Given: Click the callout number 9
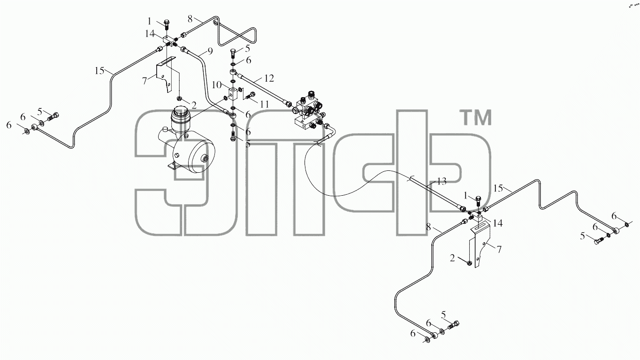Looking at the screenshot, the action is [x=210, y=52].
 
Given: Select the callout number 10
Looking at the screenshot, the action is [x=217, y=85].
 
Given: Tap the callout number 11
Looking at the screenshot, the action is [x=264, y=104].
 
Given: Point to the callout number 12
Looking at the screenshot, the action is [x=269, y=78].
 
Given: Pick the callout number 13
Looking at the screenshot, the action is [x=442, y=182].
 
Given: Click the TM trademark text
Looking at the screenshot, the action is [x=475, y=117].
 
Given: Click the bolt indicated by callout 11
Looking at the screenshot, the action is [x=250, y=96].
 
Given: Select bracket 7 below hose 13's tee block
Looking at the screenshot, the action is [x=481, y=246].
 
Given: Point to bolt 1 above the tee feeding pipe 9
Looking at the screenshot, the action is [x=167, y=24].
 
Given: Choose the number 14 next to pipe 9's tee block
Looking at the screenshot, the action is [x=150, y=34].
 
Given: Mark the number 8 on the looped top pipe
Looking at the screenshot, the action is [x=190, y=19].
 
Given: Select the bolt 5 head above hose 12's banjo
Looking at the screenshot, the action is [x=233, y=52].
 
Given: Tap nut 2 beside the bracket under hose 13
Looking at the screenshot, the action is [x=469, y=263].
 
